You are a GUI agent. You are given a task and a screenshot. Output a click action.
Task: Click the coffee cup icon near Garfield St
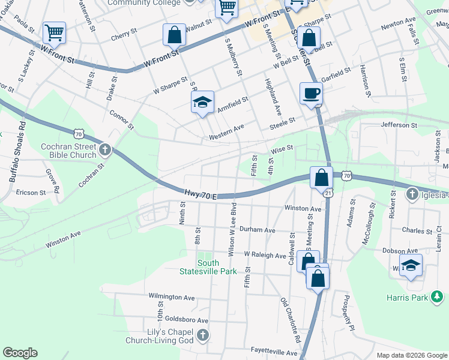point(311,94)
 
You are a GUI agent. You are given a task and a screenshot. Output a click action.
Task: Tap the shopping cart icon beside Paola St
point(54,32)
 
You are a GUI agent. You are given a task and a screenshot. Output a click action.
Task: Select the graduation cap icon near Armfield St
point(202,102)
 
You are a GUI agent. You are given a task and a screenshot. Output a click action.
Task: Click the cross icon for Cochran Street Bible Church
point(105,149)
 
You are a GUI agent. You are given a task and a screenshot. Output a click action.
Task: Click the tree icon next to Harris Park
point(439,296)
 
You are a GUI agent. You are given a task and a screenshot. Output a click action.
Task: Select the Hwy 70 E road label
point(200,194)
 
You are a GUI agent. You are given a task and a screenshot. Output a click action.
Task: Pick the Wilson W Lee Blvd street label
point(232,229)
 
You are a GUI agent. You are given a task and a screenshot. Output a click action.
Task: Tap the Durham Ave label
point(257,230)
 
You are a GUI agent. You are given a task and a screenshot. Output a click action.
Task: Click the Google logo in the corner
point(20,352)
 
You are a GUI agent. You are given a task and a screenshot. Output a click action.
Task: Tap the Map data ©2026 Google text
point(411,355)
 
